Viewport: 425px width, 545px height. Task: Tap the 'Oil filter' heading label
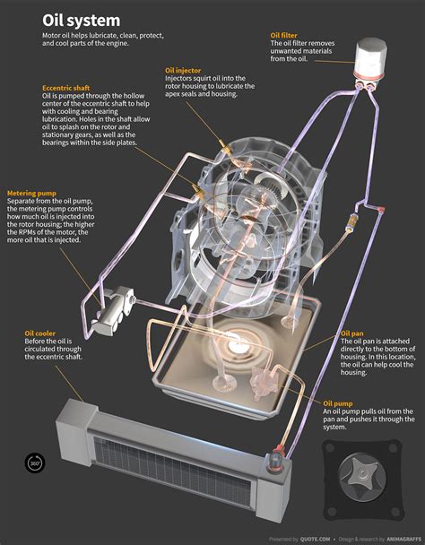pyautogui.click(x=284, y=35)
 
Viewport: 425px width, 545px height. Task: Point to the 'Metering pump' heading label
pyautogui.click(x=32, y=193)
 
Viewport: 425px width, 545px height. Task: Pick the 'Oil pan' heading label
pyautogui.click(x=351, y=333)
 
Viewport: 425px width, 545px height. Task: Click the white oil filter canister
pyautogui.click(x=369, y=62)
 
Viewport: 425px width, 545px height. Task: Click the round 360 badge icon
pyautogui.click(x=35, y=463)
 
